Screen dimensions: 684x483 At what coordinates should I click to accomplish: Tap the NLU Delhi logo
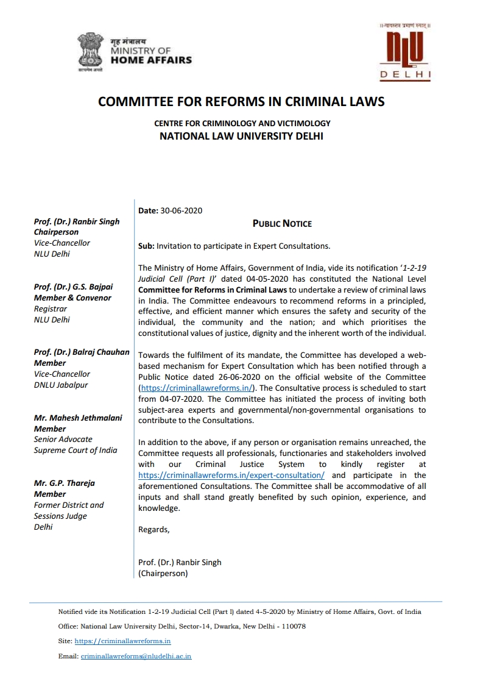coord(405,52)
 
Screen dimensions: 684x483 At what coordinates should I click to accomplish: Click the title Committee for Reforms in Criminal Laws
coord(241,102)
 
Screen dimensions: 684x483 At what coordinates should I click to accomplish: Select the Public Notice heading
coord(282,224)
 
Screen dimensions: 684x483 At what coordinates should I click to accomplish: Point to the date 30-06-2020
coord(182,211)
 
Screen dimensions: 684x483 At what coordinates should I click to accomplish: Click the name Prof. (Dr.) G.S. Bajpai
coord(73,287)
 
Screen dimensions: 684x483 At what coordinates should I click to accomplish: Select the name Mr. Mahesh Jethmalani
coord(78,418)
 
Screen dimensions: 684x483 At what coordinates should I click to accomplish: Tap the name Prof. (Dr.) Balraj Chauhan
coord(82,352)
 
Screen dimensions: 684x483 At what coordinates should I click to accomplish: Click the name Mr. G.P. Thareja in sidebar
coord(65,483)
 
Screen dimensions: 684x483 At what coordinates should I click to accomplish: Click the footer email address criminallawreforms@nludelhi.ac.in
coord(136,657)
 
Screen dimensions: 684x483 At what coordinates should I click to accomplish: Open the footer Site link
coord(122,641)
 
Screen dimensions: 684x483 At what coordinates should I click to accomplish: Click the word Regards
coord(153,529)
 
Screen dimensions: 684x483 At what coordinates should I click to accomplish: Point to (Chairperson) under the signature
coord(163,573)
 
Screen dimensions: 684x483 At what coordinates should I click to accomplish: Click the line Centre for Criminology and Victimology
coord(242,123)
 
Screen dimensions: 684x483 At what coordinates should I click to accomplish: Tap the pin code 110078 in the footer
coord(291,626)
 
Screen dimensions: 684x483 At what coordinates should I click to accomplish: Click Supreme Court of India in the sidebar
coord(76,451)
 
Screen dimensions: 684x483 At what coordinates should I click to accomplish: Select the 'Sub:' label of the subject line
coord(147,246)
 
